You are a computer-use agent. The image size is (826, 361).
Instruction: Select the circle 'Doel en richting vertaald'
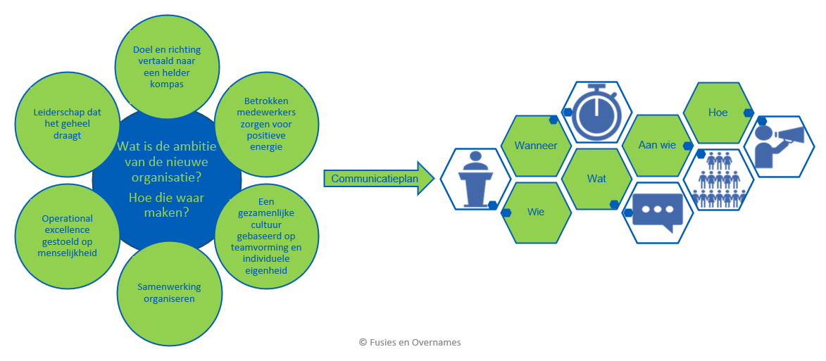(x=168, y=67)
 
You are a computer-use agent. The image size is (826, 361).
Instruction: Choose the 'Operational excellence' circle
(x=67, y=235)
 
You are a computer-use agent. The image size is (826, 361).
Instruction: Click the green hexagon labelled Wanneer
(x=536, y=146)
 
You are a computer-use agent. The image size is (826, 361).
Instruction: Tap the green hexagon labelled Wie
(x=536, y=211)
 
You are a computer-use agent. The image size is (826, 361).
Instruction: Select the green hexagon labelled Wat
(x=596, y=179)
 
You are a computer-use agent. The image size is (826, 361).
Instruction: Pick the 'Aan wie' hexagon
(x=657, y=146)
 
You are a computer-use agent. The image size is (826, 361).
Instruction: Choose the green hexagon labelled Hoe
(x=718, y=113)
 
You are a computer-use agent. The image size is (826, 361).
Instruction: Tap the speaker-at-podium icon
(x=475, y=179)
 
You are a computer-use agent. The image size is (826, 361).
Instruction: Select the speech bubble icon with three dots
(x=657, y=211)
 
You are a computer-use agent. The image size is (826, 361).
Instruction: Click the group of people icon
(x=718, y=179)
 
